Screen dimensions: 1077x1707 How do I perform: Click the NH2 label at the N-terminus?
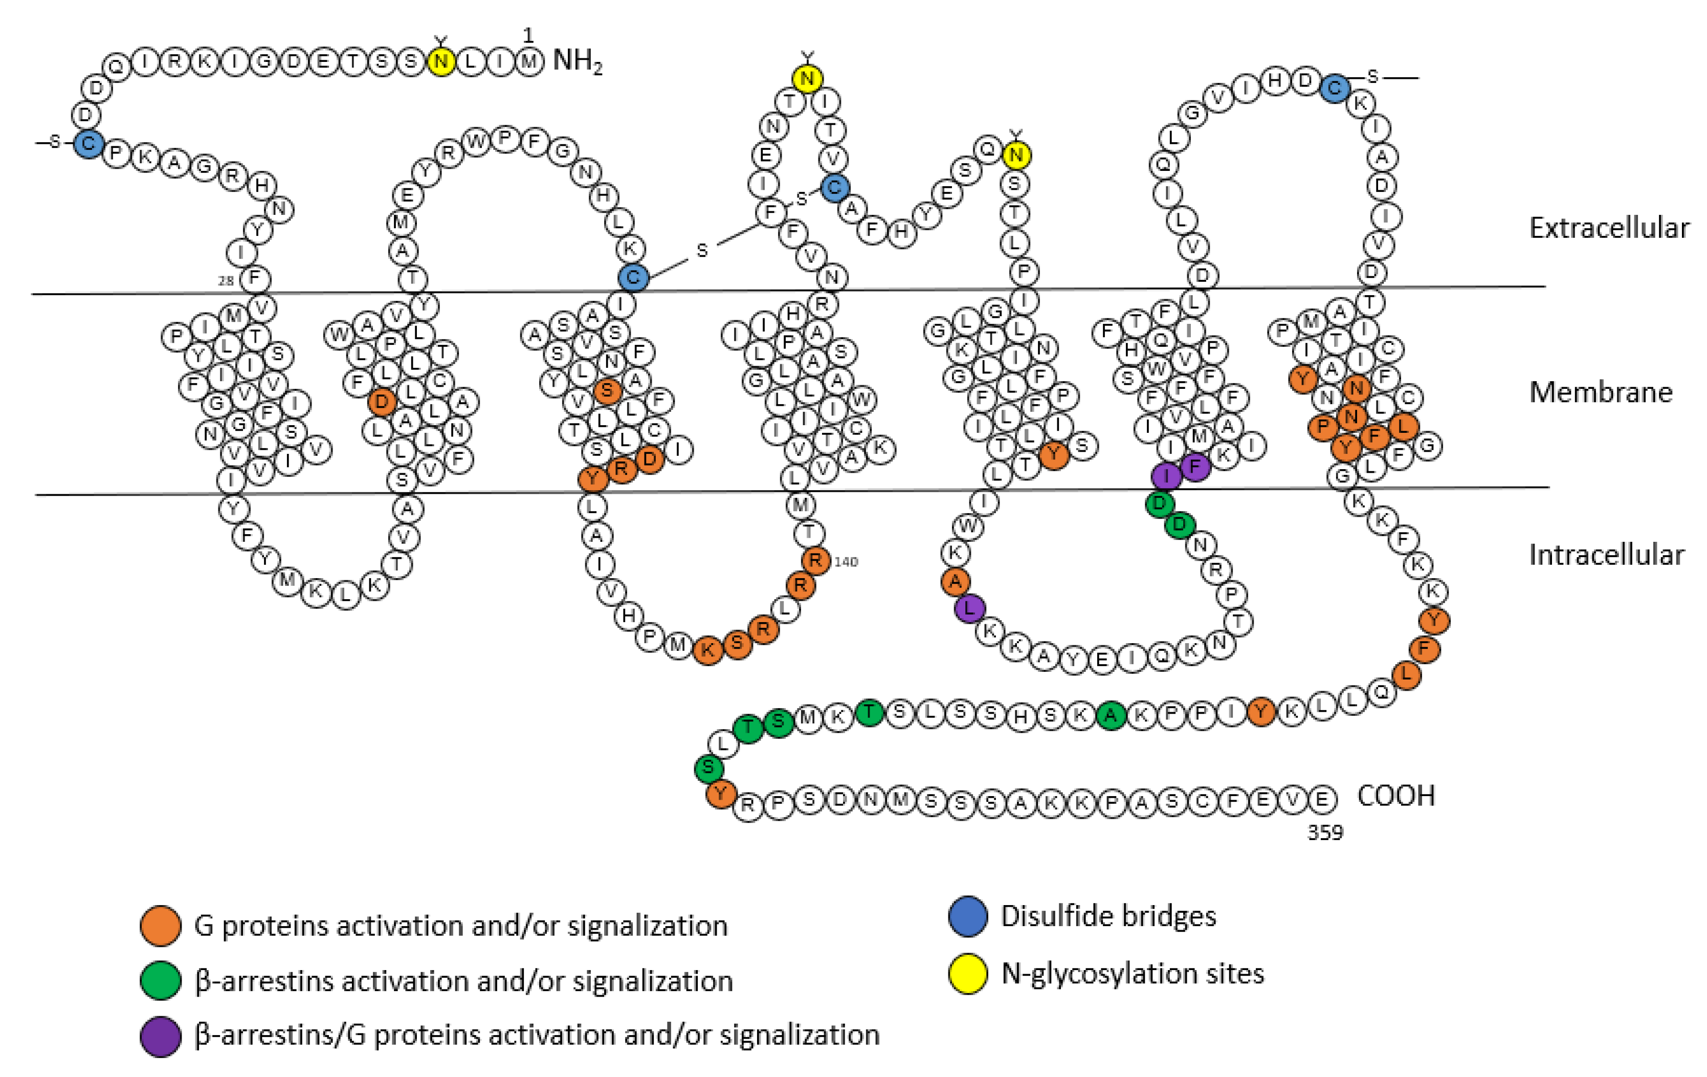tap(577, 62)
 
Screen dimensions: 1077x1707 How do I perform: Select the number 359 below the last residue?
tap(1325, 832)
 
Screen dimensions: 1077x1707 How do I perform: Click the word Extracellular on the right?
tap(1608, 228)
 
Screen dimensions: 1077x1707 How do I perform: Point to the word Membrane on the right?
tap(1600, 392)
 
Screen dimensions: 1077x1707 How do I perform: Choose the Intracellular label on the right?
tap(1606, 555)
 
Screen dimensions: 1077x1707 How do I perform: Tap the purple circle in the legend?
tap(160, 1037)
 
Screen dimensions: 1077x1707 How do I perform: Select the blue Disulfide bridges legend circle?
tap(968, 915)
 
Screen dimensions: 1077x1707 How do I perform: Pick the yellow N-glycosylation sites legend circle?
tap(968, 974)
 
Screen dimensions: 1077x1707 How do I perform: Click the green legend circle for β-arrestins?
tap(160, 981)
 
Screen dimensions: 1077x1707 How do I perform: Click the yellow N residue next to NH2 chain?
tap(441, 62)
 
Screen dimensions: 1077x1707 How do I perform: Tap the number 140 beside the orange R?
tap(846, 562)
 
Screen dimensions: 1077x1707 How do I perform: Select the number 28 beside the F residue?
tap(226, 281)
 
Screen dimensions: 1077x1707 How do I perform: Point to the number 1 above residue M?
tap(527, 35)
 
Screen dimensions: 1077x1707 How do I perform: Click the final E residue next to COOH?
tap(1321, 799)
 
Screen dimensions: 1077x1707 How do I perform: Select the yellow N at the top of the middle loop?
tap(807, 78)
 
